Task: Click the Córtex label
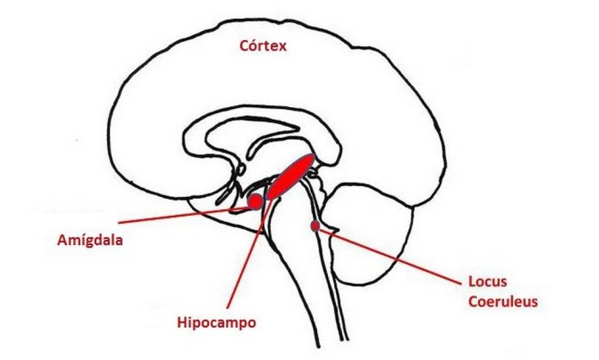click(x=263, y=46)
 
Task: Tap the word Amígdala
click(x=90, y=240)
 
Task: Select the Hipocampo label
click(x=217, y=322)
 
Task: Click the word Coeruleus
click(x=503, y=302)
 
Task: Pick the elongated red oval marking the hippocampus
click(x=291, y=177)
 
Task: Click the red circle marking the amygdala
click(x=255, y=201)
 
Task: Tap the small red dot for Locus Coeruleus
click(x=315, y=226)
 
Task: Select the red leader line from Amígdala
click(x=183, y=215)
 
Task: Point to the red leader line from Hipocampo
click(x=250, y=252)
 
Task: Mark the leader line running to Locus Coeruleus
click(x=390, y=256)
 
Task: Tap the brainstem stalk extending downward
click(x=302, y=267)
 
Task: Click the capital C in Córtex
click(x=244, y=46)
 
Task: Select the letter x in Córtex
click(x=282, y=47)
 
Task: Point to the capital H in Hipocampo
click(x=182, y=322)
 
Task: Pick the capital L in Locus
click(x=472, y=282)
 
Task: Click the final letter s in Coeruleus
click(x=535, y=303)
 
